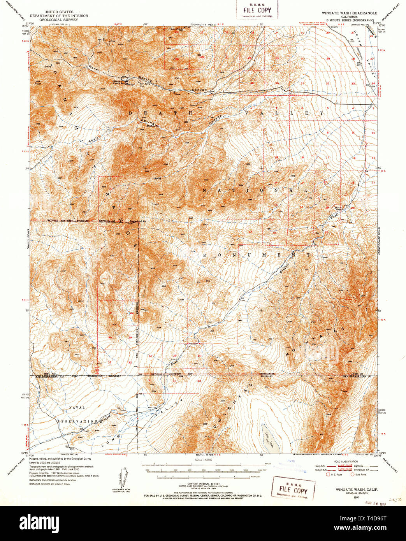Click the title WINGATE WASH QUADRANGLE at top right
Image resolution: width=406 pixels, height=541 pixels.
click(349, 13)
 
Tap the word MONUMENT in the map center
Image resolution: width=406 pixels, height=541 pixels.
click(251, 255)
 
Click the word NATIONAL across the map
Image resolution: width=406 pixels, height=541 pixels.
click(255, 190)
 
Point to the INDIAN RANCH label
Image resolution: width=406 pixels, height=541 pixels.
click(117, 81)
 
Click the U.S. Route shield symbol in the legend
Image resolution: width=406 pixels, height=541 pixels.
click(328, 474)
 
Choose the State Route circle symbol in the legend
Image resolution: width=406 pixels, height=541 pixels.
click(353, 474)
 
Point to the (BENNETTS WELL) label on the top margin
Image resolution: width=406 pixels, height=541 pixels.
click(202, 25)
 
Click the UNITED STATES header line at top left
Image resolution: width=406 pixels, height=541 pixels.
click(59, 12)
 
